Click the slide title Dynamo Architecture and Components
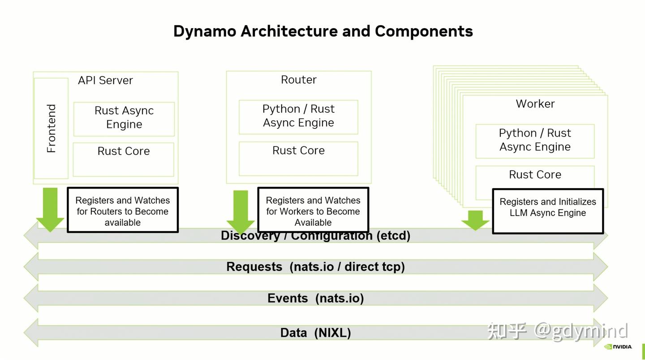click(323, 31)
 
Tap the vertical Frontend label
click(52, 129)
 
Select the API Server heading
click(105, 81)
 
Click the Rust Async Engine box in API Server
click(124, 118)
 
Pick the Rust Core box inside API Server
click(124, 159)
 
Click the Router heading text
click(298, 80)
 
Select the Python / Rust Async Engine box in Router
click(298, 116)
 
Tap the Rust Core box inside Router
click(298, 158)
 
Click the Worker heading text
click(535, 104)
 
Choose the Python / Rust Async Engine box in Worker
click(535, 141)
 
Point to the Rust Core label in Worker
click(535, 175)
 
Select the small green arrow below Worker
click(475, 220)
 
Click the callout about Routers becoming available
click(123, 210)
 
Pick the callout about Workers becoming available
click(313, 210)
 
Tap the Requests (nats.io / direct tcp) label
click(315, 267)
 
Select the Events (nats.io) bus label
click(315, 298)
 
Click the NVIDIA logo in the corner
click(618, 347)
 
